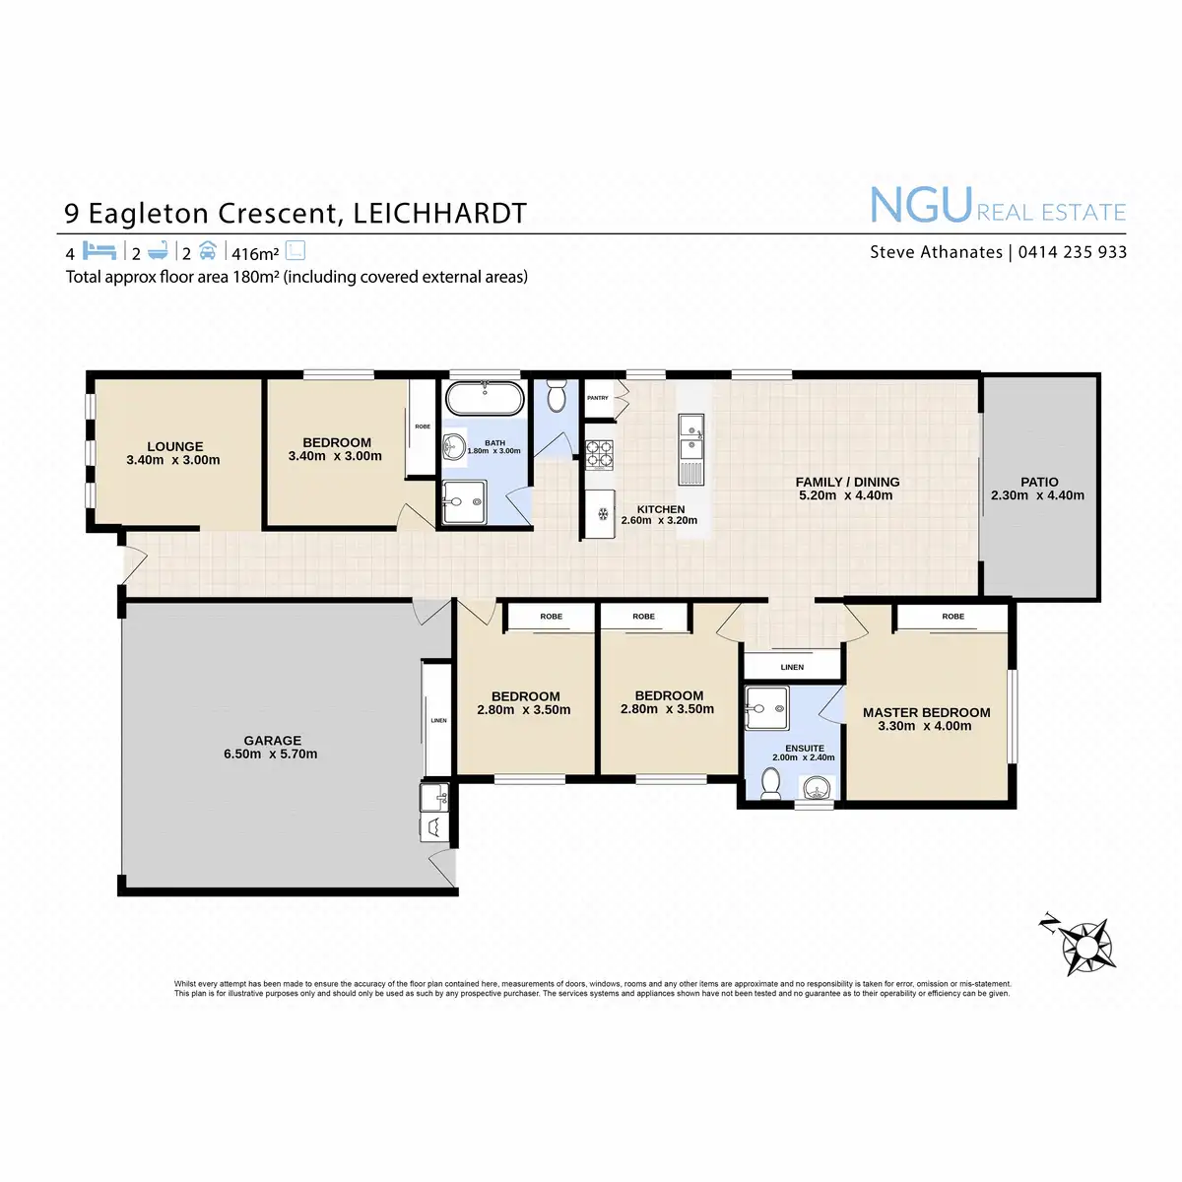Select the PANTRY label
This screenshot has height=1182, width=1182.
coord(597,398)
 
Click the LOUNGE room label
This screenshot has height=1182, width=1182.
coord(175,446)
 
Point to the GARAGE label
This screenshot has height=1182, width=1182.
coord(273,741)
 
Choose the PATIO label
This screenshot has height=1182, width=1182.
coord(1039,482)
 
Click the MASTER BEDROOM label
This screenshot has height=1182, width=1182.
coord(926,712)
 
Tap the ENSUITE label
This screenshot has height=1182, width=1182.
coord(805,749)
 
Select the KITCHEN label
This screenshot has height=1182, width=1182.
coord(661,509)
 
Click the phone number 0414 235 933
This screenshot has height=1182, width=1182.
coord(1072,252)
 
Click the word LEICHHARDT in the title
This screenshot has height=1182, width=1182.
coord(439,214)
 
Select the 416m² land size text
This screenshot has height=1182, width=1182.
coord(255,254)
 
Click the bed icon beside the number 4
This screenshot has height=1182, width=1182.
coord(99,251)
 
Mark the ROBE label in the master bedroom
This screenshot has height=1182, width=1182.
coord(952,617)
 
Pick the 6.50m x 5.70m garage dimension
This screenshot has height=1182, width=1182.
coord(270,755)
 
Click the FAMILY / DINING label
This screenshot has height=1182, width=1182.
coord(847,482)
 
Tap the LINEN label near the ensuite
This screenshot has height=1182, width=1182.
coord(792,667)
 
